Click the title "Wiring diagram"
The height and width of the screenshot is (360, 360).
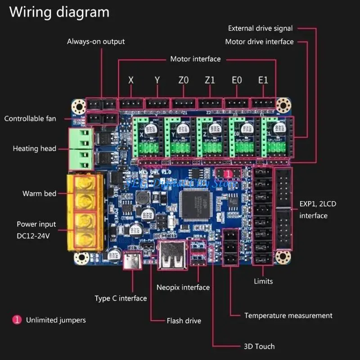pyautogui.click(x=59, y=12)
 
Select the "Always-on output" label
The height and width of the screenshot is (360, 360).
pyautogui.click(x=96, y=41)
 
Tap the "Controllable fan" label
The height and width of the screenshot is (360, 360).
pyautogui.click(x=30, y=119)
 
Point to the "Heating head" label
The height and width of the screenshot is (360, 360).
pyautogui.click(x=35, y=148)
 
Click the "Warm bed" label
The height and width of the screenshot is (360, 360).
pyautogui.click(x=40, y=193)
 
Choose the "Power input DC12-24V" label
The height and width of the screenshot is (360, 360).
pyautogui.click(x=36, y=229)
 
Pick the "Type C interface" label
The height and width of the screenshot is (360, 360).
pyautogui.click(x=121, y=298)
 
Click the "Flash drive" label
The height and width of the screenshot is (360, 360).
pyautogui.click(x=184, y=321)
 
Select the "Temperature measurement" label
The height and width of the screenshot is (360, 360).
pyautogui.click(x=288, y=315)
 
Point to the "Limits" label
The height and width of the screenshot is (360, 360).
pyautogui.click(x=263, y=281)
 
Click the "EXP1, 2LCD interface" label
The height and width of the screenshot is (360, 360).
pyautogui.click(x=318, y=210)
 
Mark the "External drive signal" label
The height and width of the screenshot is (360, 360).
pyautogui.click(x=260, y=28)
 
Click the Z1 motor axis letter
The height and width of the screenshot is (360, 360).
pyautogui.click(x=210, y=80)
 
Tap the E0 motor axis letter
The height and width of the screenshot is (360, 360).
pyautogui.click(x=237, y=80)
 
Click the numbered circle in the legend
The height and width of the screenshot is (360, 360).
pyautogui.click(x=17, y=320)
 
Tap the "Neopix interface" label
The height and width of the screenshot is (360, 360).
pyautogui.click(x=183, y=287)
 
